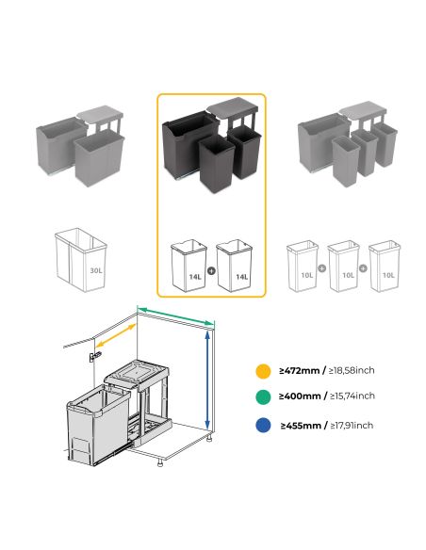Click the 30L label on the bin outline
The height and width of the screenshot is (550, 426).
(95, 268)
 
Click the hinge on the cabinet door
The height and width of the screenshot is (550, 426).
(91, 357)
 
